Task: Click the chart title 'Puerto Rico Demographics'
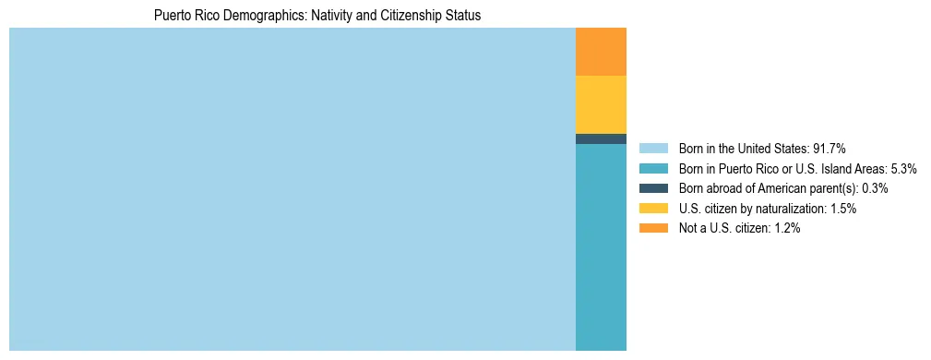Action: coord(317,16)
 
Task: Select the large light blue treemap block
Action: coord(292,189)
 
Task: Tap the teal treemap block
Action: coord(601,246)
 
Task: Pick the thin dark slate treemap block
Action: coord(601,138)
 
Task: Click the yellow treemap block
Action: coord(601,104)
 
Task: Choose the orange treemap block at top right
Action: coord(601,52)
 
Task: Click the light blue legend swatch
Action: coord(653,148)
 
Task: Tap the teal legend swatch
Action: coord(653,168)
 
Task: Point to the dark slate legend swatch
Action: coord(653,188)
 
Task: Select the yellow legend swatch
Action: coord(653,209)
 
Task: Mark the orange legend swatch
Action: coord(653,229)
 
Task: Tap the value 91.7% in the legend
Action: coord(830,148)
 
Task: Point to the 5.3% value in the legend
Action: coord(902,168)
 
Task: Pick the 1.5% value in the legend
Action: coord(842,209)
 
